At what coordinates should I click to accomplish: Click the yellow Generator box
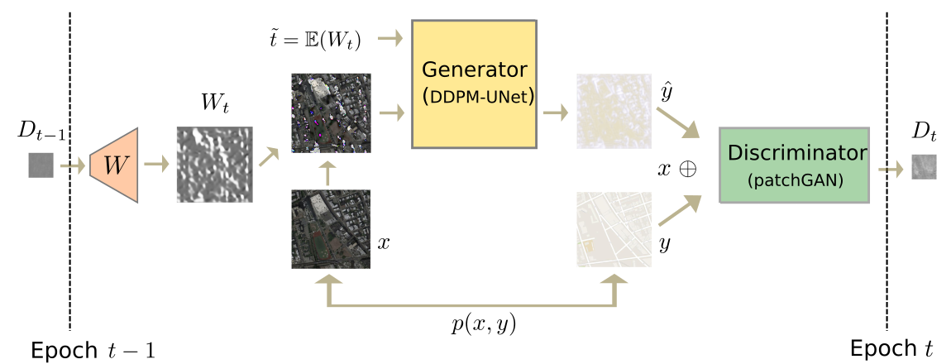(x=475, y=84)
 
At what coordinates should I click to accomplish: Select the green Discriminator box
(x=795, y=165)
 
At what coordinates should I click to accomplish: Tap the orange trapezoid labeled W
(x=114, y=165)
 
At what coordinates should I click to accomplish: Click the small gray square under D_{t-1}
(x=41, y=165)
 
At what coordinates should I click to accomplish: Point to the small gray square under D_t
(x=925, y=166)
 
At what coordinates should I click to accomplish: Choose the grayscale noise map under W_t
(x=215, y=165)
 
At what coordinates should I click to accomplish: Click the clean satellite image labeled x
(x=331, y=228)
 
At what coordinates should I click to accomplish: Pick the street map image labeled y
(x=614, y=229)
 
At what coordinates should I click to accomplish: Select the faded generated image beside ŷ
(x=614, y=111)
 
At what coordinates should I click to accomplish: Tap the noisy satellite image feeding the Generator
(x=331, y=113)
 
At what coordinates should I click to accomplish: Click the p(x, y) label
(x=484, y=326)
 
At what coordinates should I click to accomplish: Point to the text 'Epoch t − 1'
(x=93, y=350)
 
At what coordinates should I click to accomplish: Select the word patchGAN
(x=796, y=180)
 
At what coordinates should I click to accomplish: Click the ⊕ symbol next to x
(x=687, y=170)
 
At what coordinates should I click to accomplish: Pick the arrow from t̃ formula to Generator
(x=390, y=39)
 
